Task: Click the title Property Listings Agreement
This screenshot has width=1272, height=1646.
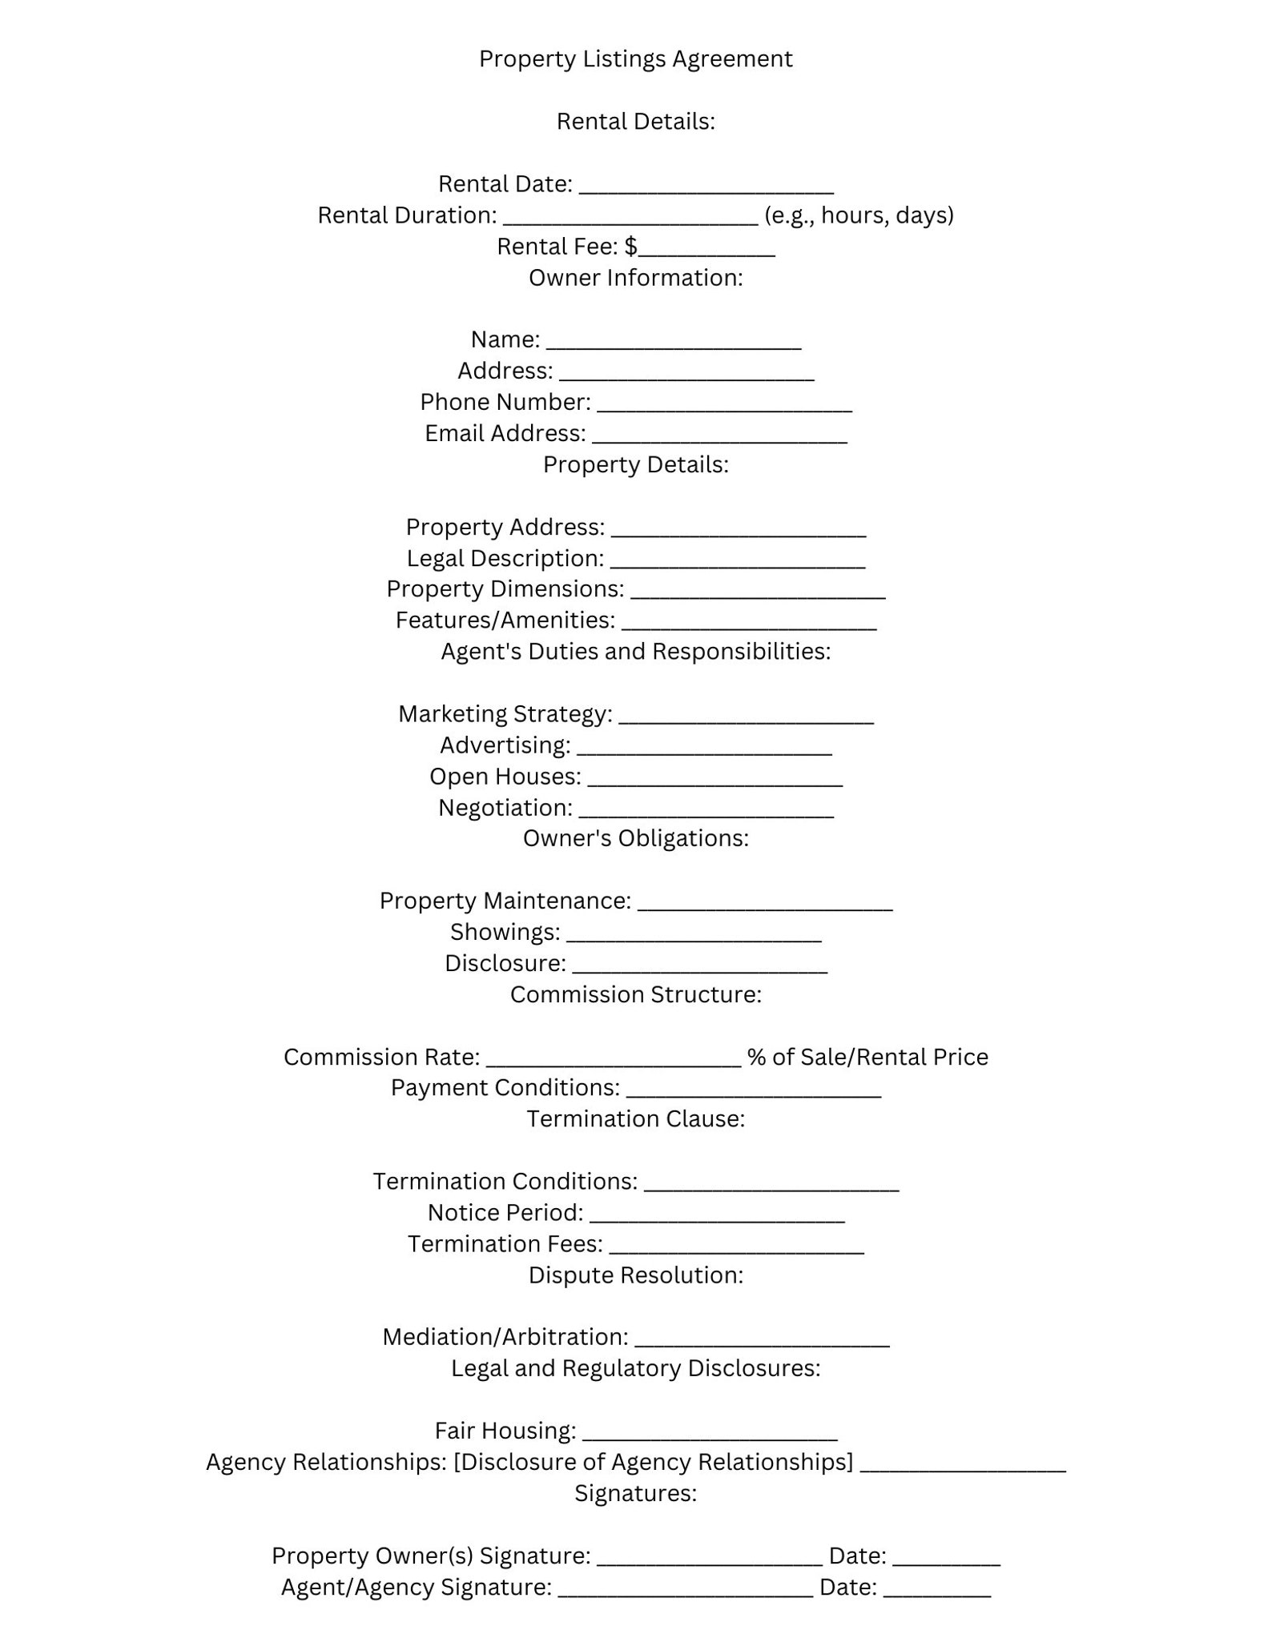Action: (x=635, y=58)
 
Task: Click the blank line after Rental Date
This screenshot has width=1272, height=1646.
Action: (x=706, y=187)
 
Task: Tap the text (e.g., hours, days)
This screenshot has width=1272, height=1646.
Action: (x=859, y=215)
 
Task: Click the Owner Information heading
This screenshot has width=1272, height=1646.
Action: (x=635, y=278)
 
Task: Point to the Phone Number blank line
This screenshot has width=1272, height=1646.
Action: (x=724, y=405)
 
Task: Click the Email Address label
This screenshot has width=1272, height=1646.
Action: (x=505, y=433)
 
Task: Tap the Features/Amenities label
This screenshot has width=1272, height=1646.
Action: (x=505, y=620)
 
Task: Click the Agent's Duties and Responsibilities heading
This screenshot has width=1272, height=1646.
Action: (x=635, y=652)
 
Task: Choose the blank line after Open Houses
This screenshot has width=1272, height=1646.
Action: (x=714, y=780)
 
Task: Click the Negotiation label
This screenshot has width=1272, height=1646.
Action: (x=505, y=809)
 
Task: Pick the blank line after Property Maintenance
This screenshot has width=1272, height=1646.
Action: (x=765, y=905)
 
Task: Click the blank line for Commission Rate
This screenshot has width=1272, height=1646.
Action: (x=614, y=1061)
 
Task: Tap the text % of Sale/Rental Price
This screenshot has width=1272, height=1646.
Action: (x=867, y=1058)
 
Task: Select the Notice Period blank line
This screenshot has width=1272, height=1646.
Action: (x=717, y=1216)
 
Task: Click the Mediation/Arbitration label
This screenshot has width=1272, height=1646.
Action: (x=505, y=1337)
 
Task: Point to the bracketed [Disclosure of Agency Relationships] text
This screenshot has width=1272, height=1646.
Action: (x=653, y=1462)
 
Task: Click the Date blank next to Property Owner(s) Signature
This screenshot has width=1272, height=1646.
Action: (x=946, y=1560)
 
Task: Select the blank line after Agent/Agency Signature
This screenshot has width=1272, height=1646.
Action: (x=685, y=1591)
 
